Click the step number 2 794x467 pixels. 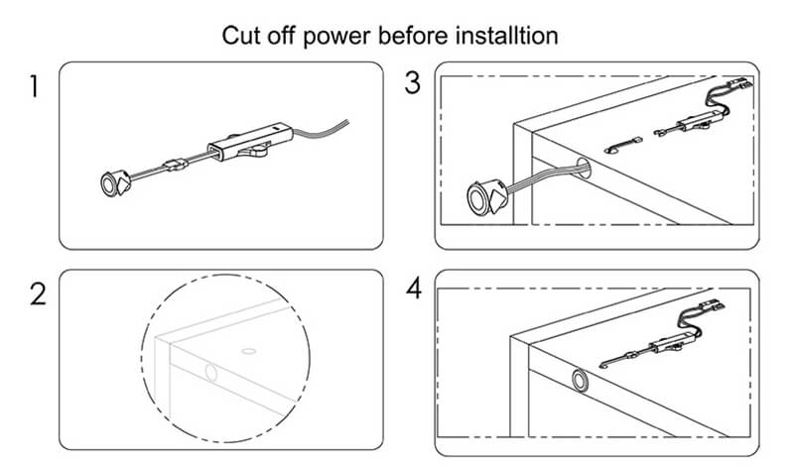click(37, 294)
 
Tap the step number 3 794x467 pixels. click(413, 83)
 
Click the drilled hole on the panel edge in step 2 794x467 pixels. click(209, 374)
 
